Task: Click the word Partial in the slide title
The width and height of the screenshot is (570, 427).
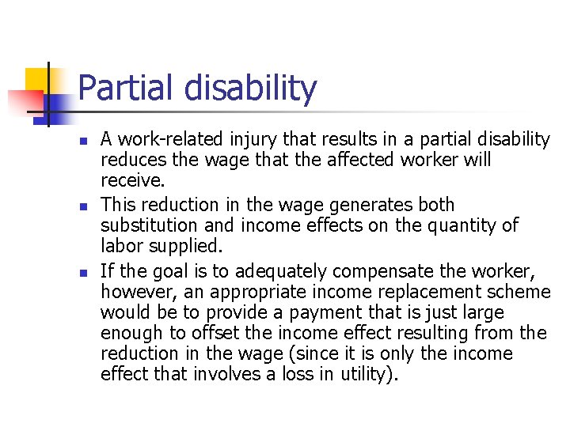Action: (127, 89)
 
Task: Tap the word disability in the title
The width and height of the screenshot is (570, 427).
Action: (250, 89)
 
